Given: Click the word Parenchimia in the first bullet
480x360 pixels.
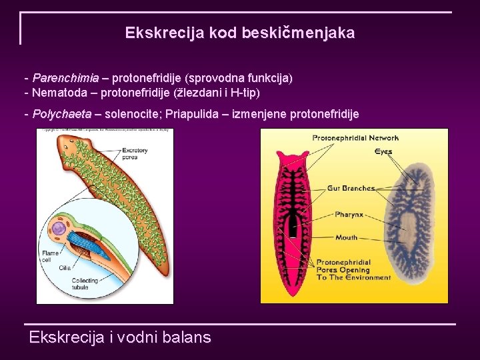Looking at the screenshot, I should coord(65,78).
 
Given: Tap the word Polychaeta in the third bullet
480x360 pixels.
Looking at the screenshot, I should coord(62,114).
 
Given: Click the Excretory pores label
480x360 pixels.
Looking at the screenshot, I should coord(135,155).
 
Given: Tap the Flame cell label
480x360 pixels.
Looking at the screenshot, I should coord(50,257).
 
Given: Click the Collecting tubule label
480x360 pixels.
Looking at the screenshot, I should coord(85,283).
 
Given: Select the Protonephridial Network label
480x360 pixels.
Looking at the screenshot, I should coord(355,138).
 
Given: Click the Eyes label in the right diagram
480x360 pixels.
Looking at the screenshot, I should coord(383,151).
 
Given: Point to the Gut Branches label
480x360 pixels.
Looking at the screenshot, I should coord(351,189).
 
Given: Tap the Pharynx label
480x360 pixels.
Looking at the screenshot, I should coord(349,215).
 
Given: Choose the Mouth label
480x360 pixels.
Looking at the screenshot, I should coord(347,237).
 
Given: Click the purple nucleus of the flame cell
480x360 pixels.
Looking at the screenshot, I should coord(59,229).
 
